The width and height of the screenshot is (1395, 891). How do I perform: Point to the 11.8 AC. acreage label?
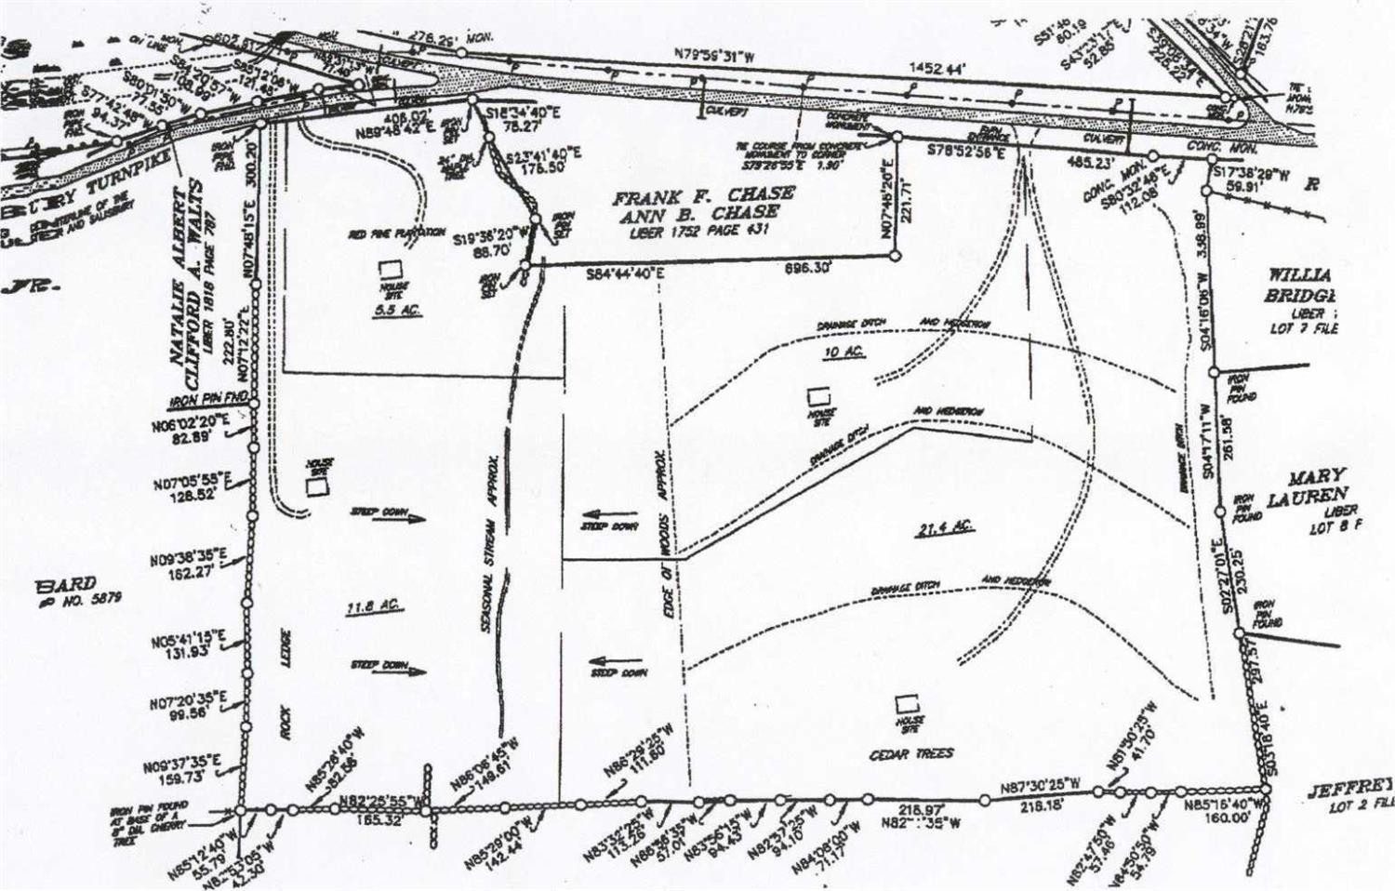pos(373,606)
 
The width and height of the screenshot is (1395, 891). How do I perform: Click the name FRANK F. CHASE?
pos(703,194)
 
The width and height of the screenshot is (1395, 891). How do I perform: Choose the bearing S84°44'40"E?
pos(625,273)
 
